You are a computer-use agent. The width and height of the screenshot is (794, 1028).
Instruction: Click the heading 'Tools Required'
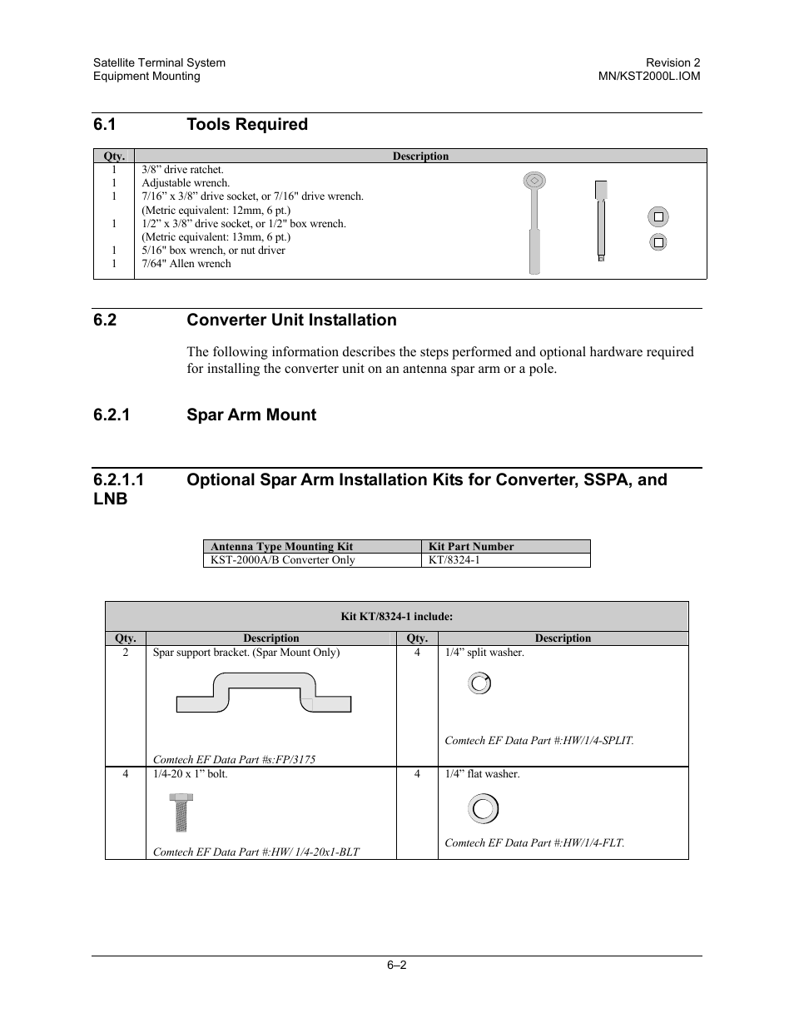(246, 124)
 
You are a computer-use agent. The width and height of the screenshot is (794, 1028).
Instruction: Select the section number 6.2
(106, 320)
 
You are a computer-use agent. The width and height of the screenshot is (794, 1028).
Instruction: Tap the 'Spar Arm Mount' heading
(251, 415)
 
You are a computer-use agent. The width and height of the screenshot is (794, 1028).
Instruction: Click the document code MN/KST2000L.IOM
(649, 76)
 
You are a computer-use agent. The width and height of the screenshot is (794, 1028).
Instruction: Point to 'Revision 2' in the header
(673, 62)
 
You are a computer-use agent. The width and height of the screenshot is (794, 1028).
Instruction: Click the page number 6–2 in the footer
(396, 966)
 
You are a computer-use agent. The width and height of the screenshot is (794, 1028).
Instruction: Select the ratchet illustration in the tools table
(535, 222)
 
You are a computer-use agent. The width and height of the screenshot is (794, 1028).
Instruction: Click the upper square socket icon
(658, 216)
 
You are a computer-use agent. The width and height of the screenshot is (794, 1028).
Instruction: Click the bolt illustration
(180, 812)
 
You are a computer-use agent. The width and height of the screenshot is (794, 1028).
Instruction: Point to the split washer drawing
(479, 683)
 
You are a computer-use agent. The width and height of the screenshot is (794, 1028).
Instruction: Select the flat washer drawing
(483, 808)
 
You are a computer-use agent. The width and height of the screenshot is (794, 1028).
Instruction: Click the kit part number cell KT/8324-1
(454, 559)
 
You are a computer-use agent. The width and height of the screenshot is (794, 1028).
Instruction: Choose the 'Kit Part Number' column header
(471, 546)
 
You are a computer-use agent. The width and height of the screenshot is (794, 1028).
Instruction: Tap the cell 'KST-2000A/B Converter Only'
(283, 559)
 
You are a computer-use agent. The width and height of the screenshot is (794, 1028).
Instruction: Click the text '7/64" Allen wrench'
(186, 264)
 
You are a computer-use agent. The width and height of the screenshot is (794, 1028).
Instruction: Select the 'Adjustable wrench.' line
(186, 183)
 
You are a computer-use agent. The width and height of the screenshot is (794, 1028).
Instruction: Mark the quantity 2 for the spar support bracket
(126, 653)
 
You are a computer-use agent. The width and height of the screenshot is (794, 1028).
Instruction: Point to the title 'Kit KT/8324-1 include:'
(397, 617)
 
